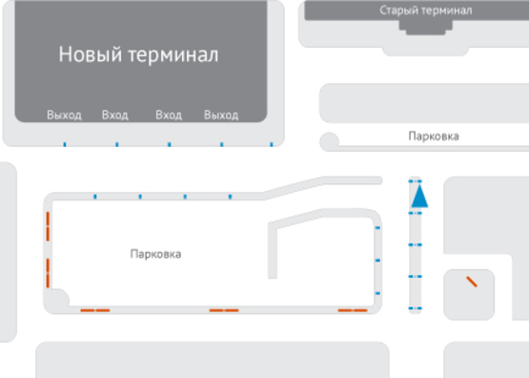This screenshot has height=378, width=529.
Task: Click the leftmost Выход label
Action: coord(64,115)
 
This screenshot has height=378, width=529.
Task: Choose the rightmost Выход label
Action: coord(221,115)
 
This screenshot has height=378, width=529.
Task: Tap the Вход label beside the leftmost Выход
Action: coord(115,115)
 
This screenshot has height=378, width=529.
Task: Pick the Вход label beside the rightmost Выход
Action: coord(169,115)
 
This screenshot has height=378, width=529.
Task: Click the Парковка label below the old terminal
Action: coord(433,136)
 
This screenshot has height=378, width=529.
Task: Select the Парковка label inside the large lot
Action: coord(155,255)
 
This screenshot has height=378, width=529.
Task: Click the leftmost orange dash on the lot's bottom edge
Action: coord(94,310)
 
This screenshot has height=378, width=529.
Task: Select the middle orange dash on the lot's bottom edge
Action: coord(224,310)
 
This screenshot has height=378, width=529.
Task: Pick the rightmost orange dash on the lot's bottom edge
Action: coord(353,310)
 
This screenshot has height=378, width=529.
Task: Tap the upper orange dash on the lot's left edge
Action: coord(47,228)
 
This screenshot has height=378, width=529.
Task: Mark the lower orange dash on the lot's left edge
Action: coord(47,271)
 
